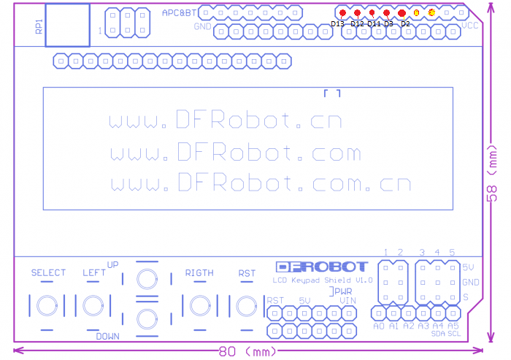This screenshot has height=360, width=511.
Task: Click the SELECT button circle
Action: (48, 305)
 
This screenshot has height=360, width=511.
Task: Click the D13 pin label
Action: (337, 24)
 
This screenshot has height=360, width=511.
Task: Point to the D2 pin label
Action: (406, 24)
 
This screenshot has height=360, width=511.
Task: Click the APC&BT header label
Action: (179, 13)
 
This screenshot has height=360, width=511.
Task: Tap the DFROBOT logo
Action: (322, 267)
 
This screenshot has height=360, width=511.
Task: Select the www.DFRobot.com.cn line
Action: (261, 182)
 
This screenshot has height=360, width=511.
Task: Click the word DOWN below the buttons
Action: (107, 336)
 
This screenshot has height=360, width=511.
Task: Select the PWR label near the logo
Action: (342, 291)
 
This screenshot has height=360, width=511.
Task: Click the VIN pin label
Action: (347, 300)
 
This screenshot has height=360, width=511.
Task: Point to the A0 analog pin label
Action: (379, 326)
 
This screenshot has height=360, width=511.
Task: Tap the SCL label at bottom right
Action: (454, 333)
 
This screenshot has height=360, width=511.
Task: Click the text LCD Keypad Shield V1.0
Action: (323, 280)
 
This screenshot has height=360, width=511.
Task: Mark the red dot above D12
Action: (357, 13)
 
